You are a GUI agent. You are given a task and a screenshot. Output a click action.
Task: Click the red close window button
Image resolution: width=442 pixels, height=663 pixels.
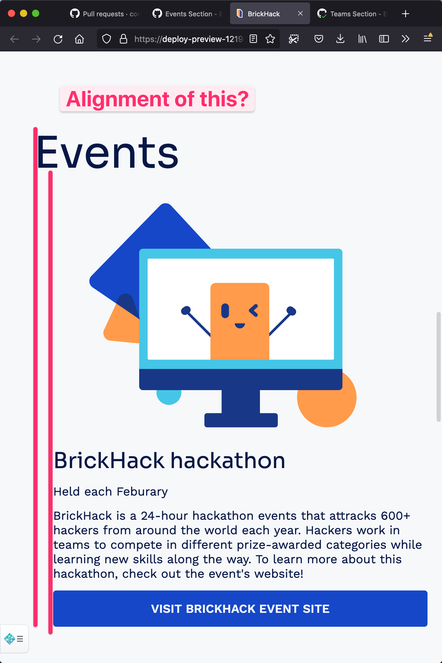coord(11,14)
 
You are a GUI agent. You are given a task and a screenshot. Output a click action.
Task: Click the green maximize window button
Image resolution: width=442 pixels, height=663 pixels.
coord(36,14)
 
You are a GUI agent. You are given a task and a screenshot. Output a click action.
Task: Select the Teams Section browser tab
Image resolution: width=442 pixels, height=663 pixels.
coord(352,14)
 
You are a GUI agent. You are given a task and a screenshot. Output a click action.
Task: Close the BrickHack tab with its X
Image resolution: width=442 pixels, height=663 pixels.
coord(300,13)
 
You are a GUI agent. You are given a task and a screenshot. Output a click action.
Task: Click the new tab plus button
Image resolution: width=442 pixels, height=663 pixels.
coord(405,14)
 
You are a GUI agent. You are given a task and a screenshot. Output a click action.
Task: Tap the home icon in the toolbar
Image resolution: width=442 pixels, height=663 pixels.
coord(79,39)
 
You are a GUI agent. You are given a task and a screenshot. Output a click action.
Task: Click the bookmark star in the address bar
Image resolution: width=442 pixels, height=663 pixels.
coord(270,39)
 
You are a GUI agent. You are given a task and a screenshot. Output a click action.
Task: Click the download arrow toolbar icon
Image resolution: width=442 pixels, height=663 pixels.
coord(340,39)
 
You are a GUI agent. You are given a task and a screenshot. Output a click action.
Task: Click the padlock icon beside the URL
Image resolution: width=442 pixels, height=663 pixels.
coord(123,39)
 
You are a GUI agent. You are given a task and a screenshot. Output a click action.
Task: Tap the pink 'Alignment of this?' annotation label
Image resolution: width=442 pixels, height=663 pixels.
coord(157,99)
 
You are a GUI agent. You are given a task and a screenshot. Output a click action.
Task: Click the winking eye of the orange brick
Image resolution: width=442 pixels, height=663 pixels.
coord(254,310)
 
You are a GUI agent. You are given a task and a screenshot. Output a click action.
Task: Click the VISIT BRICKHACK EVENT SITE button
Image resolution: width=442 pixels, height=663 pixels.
coord(240,609)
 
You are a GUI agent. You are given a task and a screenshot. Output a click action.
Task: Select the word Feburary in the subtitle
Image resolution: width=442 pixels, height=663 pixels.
coord(142,492)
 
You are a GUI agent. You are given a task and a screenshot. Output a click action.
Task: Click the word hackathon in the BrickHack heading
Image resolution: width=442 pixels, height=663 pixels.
coord(228,461)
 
